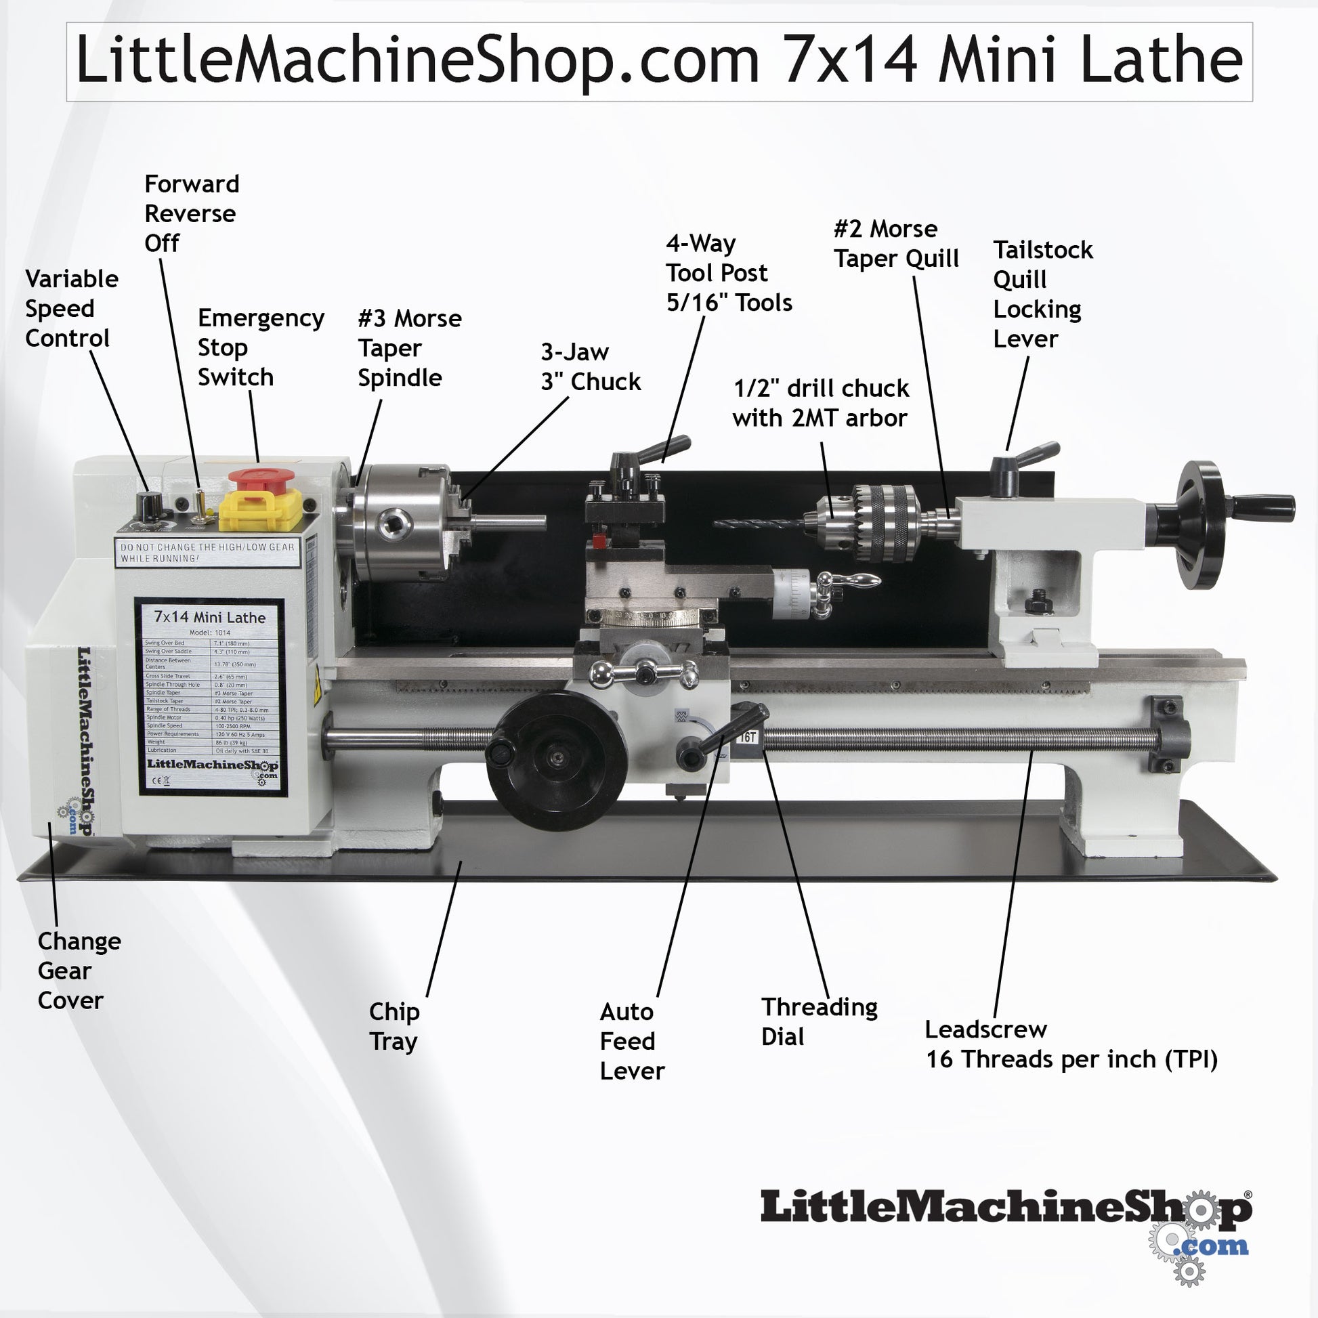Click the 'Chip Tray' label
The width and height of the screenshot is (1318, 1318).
click(x=394, y=1026)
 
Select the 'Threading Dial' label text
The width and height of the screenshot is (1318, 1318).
click(x=819, y=1021)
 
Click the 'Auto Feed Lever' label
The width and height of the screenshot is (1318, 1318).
click(x=631, y=1041)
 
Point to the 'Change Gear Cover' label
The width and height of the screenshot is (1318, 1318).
click(x=79, y=970)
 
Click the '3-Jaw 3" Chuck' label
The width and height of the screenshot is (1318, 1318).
click(x=590, y=367)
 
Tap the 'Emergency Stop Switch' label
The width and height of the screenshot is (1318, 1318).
click(x=260, y=347)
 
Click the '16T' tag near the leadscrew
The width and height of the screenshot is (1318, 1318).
click(x=748, y=738)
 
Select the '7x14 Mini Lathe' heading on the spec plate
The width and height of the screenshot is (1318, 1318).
click(x=209, y=618)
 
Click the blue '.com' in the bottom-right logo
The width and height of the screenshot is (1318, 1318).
click(x=1214, y=1246)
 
